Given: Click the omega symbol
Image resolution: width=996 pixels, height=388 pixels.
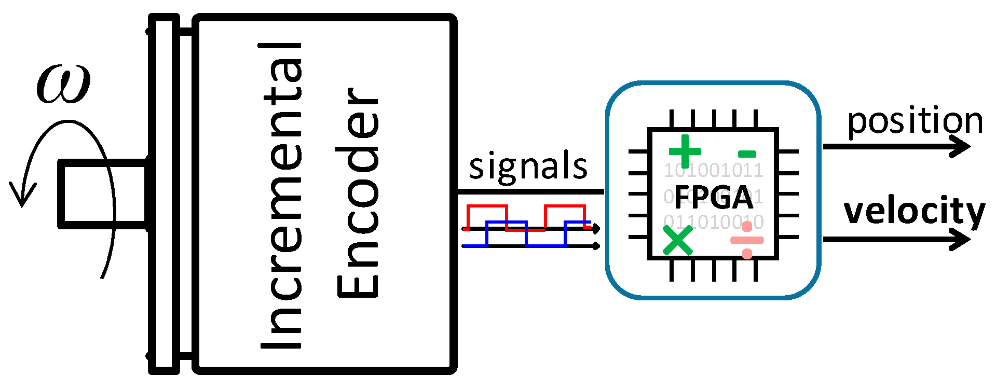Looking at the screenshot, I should [x=63, y=84].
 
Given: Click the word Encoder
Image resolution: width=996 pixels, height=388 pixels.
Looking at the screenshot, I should [x=358, y=193].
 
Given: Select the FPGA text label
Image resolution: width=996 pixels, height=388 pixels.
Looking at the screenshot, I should [x=714, y=197].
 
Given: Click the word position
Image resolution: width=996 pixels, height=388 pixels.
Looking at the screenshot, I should [x=915, y=122].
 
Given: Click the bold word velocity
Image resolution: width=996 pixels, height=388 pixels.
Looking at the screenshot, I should [x=915, y=212].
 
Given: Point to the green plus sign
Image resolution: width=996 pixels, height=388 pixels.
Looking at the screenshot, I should [x=685, y=151].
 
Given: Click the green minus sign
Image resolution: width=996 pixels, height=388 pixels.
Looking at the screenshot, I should [x=747, y=154].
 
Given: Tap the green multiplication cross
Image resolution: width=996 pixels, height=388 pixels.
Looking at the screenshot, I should [x=678, y=240].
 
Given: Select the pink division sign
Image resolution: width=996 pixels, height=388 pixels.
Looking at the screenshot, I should [x=747, y=240].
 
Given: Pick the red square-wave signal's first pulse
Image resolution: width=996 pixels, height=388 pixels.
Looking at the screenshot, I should [x=487, y=206].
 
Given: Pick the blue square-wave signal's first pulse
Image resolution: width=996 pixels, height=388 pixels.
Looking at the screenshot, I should [x=507, y=223].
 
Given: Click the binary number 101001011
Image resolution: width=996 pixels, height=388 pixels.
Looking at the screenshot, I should [x=714, y=170].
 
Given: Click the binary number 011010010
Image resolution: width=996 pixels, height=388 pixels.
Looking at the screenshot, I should [x=714, y=222].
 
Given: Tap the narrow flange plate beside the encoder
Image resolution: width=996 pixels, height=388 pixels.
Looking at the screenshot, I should [x=164, y=194].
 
